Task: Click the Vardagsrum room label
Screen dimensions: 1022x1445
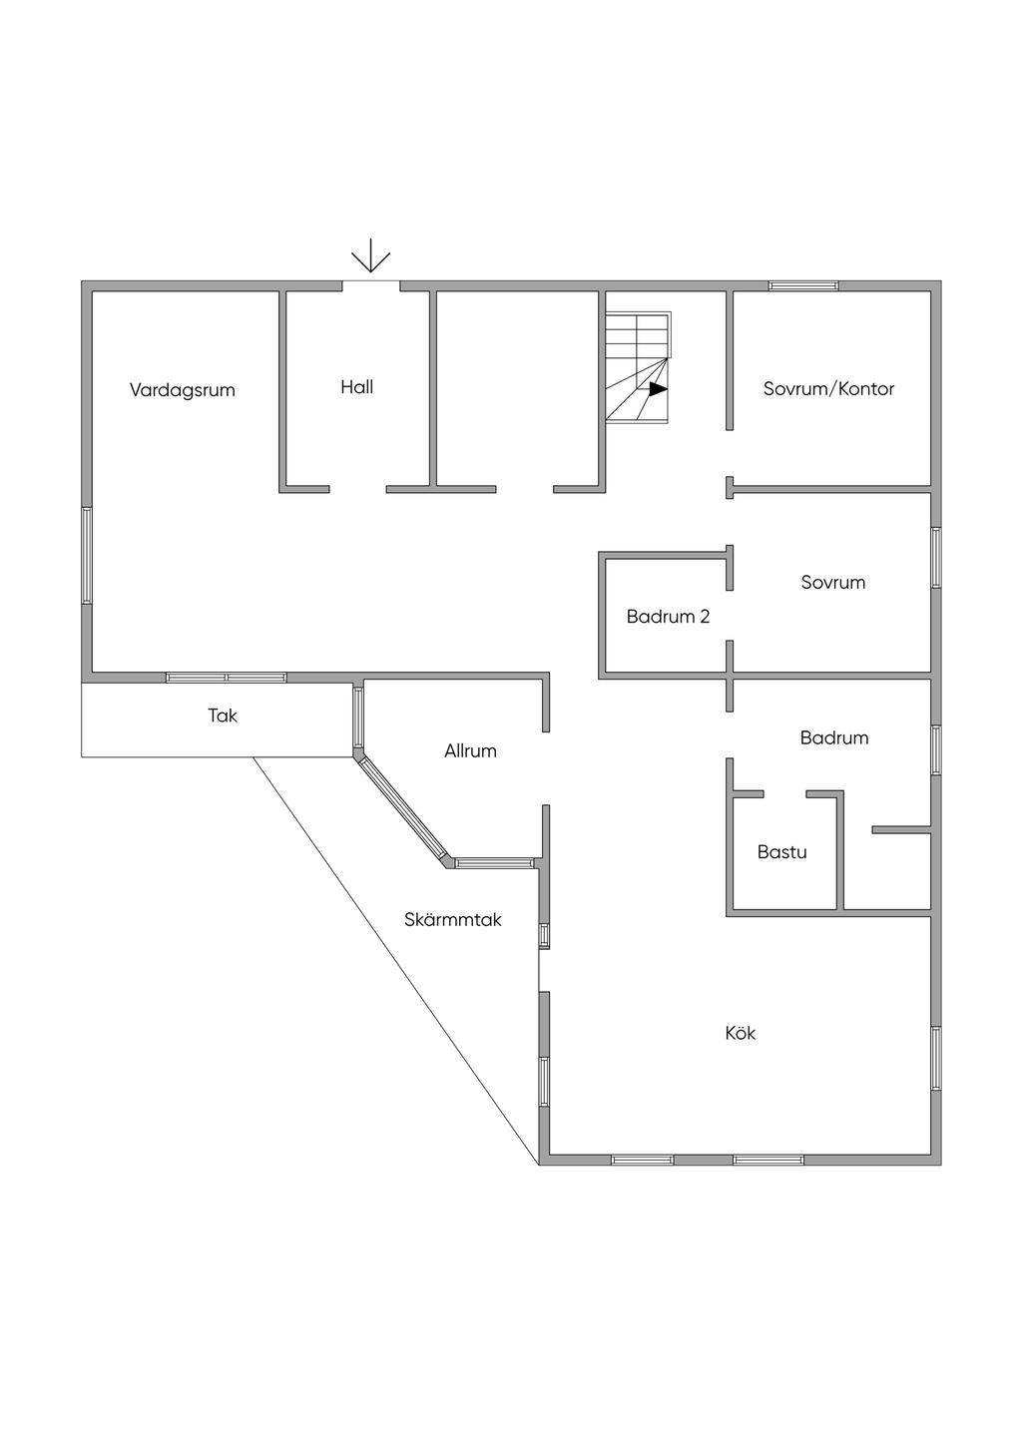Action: coord(182,390)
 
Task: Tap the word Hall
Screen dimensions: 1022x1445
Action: coord(356,387)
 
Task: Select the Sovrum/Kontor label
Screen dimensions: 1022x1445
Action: coord(828,388)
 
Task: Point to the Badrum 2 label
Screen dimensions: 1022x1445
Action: coord(668,617)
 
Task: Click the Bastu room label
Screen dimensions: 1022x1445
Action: coord(782,852)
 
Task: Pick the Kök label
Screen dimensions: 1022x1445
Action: coord(740,1033)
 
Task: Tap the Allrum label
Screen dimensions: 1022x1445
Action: coord(470,750)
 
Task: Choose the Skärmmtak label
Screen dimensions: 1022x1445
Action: coord(453,919)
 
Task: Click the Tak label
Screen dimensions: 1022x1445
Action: coord(223,716)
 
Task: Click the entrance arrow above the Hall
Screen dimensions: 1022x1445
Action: coord(370,256)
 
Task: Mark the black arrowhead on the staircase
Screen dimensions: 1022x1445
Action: coord(658,389)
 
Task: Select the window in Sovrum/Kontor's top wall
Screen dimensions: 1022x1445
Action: coord(803,285)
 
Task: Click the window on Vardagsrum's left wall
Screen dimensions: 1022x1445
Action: coord(87,556)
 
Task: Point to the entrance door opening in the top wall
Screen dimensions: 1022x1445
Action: coord(371,285)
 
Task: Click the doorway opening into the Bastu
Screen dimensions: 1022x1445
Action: coord(784,794)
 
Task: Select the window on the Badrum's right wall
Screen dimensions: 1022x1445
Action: coord(936,749)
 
